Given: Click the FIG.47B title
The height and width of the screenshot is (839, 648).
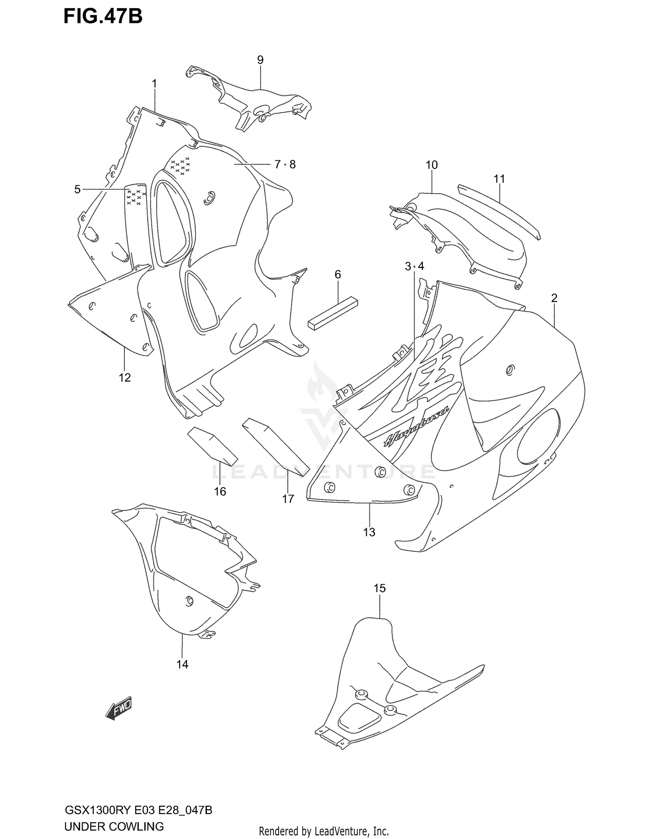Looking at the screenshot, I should click(x=103, y=16).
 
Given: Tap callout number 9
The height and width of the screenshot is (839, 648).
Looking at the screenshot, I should click(x=260, y=60).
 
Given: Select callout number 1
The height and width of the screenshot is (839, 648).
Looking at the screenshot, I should click(x=154, y=83).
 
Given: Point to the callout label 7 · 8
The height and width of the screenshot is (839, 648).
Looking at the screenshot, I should click(x=285, y=164).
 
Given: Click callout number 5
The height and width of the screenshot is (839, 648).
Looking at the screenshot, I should click(x=77, y=189).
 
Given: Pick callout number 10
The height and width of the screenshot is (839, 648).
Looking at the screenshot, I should click(x=432, y=165).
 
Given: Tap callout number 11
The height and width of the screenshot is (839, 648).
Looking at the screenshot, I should click(x=499, y=179).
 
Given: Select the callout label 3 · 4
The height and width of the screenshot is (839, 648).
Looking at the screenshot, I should click(x=415, y=266).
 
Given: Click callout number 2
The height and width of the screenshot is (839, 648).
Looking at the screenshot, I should click(x=554, y=298).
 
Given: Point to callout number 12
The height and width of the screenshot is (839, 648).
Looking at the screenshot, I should click(x=124, y=377).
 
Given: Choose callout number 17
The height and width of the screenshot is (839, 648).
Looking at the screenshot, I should click(x=288, y=499).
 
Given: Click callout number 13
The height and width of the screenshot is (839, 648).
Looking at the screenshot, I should click(x=369, y=532).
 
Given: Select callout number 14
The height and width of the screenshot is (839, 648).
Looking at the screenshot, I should click(x=182, y=664).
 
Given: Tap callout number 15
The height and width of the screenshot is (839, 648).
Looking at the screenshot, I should click(x=379, y=588).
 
